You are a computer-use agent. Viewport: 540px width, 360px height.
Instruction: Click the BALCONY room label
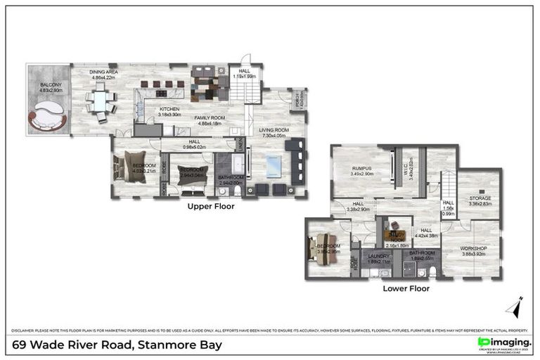click(51, 87)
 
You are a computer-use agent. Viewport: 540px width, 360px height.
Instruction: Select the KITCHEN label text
click(169, 110)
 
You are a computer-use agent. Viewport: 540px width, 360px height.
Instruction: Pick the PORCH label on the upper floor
click(298, 98)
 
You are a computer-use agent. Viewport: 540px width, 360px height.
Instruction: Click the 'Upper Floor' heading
click(210, 207)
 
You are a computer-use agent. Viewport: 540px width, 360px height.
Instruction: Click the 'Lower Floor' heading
click(406, 288)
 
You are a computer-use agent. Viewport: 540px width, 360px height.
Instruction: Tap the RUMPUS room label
click(362, 168)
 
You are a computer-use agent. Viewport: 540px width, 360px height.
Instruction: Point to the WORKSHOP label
click(474, 249)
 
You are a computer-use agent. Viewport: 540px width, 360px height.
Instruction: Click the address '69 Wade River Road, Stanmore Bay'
click(117, 345)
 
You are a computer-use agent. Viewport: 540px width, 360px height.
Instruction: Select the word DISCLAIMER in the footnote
click(27, 330)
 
